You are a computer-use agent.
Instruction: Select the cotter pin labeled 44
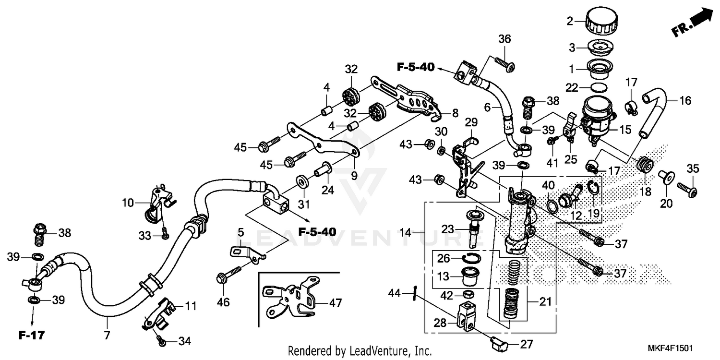pos(414,292)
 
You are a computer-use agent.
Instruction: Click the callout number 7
pos(107,334)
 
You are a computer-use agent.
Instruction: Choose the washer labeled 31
pos(302,180)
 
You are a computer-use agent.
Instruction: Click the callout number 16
pos(685,101)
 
